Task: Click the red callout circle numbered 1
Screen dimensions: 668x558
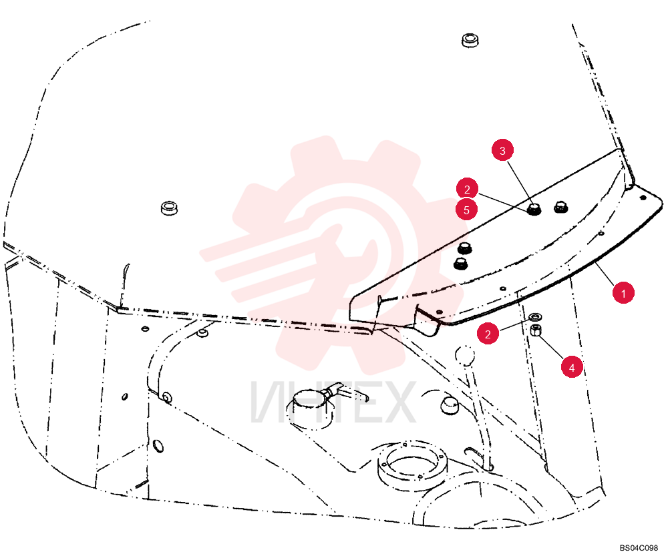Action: [623, 293]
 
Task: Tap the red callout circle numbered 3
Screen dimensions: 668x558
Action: [502, 150]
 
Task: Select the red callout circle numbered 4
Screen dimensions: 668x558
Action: [572, 367]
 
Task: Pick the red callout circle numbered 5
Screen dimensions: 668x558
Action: [466, 210]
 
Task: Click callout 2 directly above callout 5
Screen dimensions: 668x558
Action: [467, 189]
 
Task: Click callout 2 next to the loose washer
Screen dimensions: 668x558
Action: [488, 334]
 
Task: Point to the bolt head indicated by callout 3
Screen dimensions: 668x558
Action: [534, 209]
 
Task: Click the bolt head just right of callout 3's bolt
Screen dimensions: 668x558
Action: [560, 208]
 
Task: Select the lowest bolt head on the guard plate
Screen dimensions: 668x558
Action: [460, 264]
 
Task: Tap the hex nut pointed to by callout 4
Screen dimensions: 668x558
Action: [536, 330]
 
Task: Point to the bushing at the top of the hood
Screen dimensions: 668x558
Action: [470, 40]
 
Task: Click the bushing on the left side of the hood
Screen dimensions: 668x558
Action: [169, 208]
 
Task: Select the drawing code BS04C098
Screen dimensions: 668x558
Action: [639, 547]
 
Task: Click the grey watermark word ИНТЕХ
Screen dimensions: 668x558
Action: [333, 402]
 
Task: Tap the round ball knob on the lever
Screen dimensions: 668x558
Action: [464, 355]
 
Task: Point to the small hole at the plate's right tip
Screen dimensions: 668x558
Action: [643, 198]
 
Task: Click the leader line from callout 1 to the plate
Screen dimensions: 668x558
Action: [605, 274]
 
